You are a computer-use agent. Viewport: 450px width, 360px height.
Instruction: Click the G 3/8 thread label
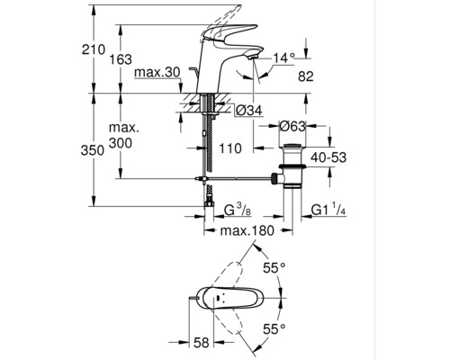click(x=235, y=212)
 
